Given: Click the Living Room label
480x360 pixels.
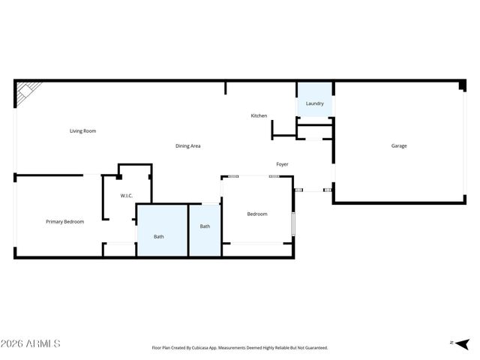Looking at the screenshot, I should [82, 131].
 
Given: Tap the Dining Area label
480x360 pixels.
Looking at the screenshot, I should [187, 145].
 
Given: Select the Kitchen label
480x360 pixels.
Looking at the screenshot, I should [259, 115].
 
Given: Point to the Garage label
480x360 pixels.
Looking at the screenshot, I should [399, 145].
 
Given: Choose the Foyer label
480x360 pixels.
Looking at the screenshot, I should [282, 164].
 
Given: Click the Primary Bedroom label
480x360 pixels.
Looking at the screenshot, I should [64, 221].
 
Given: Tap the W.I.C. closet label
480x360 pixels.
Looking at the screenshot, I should [127, 196].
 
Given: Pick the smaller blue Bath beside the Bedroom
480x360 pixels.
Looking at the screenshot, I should [205, 226].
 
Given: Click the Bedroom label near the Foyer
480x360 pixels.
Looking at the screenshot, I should [257, 214].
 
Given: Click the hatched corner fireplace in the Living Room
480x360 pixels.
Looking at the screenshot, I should [24, 93].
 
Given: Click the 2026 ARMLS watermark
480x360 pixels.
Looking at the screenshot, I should [30, 343].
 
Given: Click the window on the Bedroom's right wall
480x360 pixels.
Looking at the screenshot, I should [293, 223].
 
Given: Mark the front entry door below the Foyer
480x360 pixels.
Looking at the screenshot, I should [313, 190].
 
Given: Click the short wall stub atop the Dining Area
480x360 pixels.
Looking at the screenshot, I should [225, 88].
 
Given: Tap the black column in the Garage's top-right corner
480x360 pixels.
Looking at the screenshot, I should [462, 87].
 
